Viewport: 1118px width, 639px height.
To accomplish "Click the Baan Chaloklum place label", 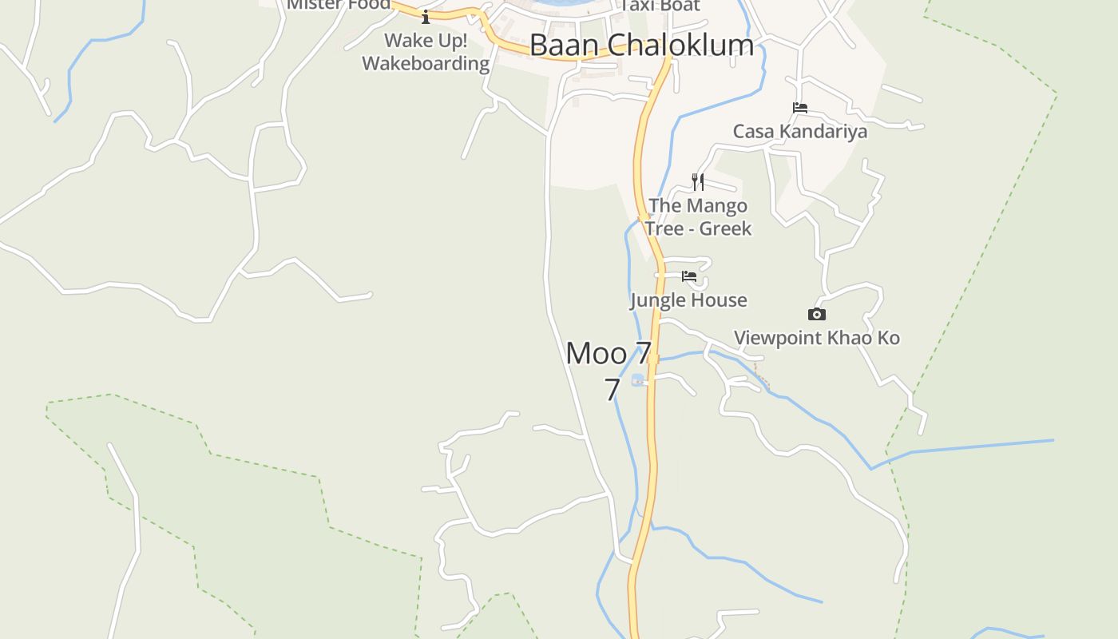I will point(641,46).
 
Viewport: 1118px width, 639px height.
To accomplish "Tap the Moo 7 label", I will point(609,353).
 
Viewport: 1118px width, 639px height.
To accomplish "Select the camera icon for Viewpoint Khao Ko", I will point(816,315).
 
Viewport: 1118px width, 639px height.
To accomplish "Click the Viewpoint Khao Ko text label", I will point(816,338).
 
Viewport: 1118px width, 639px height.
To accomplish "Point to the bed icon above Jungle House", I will point(689,277).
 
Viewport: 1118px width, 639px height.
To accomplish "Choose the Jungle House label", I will point(688,300).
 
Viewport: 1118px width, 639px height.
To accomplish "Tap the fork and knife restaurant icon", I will point(698,181).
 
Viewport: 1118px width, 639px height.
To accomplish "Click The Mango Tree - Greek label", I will point(698,217).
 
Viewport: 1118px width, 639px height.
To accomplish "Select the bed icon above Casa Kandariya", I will point(800,108).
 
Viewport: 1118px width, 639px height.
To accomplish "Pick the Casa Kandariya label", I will point(799,131).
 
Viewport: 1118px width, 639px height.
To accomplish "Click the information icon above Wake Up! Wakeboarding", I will point(426,17).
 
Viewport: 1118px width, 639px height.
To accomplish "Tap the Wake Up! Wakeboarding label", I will point(426,52).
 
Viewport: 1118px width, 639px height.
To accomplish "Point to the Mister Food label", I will point(339,5).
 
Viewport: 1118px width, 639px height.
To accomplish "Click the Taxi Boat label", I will point(660,6).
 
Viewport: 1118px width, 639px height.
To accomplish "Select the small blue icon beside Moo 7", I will point(637,379).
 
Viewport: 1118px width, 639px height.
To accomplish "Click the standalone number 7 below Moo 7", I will point(612,390).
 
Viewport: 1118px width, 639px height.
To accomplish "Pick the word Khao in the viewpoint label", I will point(849,338).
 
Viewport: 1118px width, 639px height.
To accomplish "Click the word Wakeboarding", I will point(426,64).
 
